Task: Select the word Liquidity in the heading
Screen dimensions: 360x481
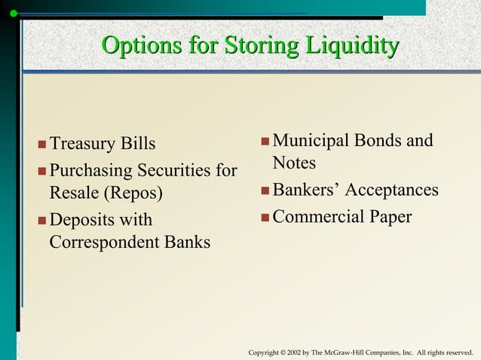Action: [351, 46]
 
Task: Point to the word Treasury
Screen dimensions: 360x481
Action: [82, 144]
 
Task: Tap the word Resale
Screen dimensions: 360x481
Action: [75, 192]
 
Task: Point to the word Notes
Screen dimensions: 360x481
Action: [294, 163]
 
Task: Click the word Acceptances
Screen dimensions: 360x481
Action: [391, 190]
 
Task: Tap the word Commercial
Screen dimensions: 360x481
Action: [317, 217]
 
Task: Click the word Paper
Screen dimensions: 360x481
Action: [390, 218]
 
